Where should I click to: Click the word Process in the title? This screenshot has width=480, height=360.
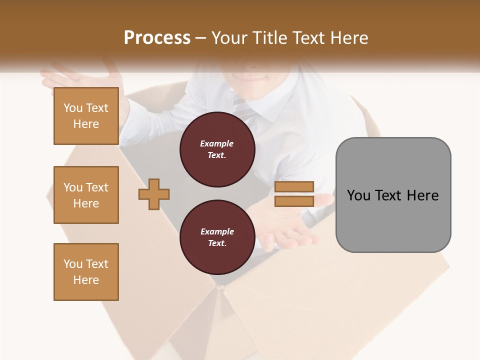(x=157, y=37)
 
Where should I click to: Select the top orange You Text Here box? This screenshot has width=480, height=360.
(x=86, y=116)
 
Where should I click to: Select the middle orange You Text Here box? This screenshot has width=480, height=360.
(x=86, y=195)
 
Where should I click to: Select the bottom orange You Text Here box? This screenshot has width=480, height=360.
(x=86, y=272)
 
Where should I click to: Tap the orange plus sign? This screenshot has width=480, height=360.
(x=154, y=194)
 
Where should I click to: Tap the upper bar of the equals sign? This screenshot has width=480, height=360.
(x=294, y=186)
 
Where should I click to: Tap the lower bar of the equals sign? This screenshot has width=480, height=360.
(x=294, y=201)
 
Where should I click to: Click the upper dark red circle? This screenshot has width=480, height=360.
(x=217, y=149)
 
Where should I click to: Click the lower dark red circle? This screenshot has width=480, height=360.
(x=217, y=237)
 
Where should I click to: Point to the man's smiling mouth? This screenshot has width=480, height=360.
(x=254, y=79)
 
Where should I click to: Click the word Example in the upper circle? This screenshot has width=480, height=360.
(x=216, y=143)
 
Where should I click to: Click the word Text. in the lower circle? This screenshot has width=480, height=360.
(x=217, y=243)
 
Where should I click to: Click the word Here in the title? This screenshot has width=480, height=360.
(x=348, y=37)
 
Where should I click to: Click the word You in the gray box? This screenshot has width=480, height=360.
(x=358, y=195)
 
